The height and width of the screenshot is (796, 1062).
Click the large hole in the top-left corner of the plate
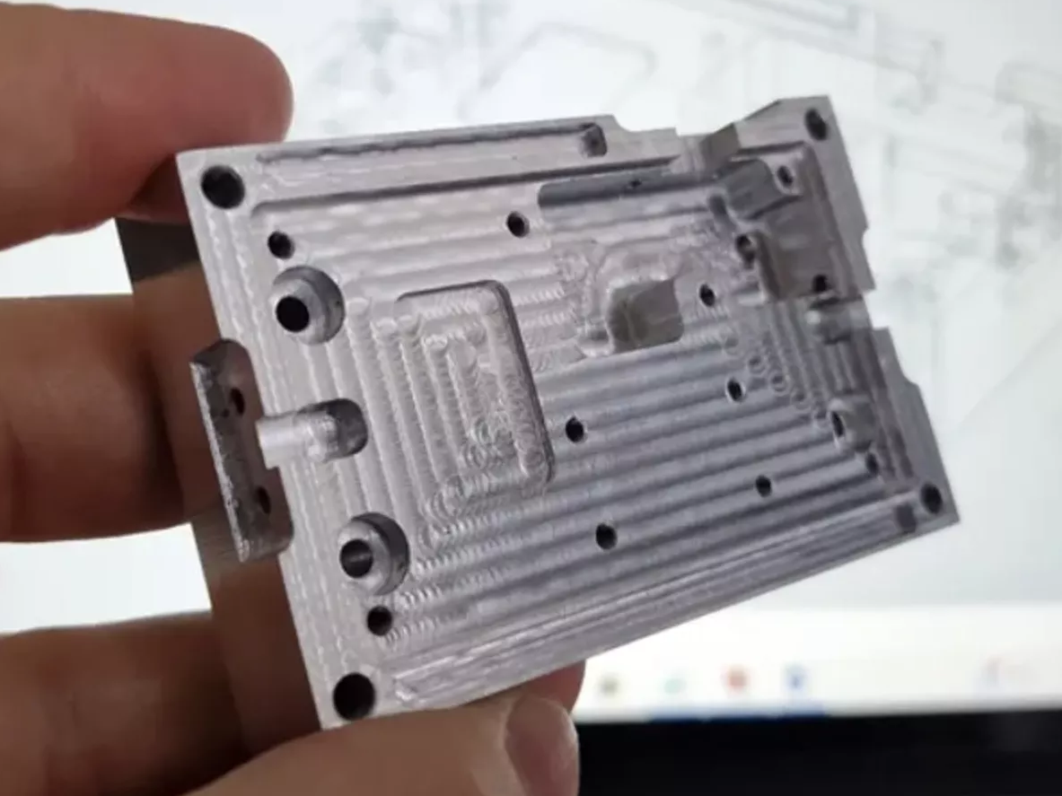coord(222,187)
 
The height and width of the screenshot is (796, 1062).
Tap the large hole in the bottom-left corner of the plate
coord(354,695)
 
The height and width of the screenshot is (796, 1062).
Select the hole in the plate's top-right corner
coord(816,123)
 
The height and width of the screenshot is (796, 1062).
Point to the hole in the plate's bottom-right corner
coord(932,498)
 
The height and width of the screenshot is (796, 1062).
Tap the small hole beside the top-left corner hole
coord(280,244)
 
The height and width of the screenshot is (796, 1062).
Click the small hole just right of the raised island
coord(575,430)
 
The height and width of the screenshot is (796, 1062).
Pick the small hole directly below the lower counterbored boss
coord(380,620)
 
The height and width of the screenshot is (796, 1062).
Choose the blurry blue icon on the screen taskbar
coord(794,678)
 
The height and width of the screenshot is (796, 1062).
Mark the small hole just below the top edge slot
coord(517,223)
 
